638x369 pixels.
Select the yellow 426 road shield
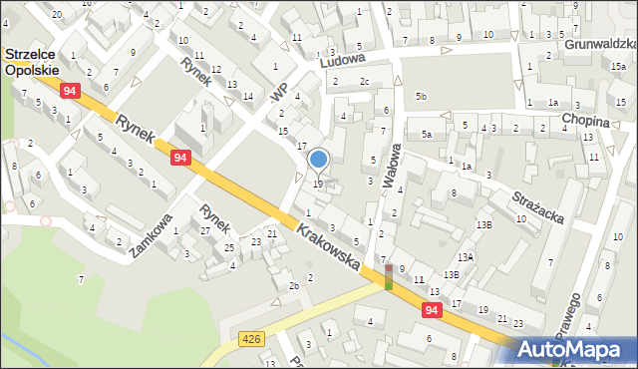250,341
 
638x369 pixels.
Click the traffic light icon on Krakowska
389,277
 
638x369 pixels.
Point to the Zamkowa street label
151,235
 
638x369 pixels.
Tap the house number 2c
364,82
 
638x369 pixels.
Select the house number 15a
618,65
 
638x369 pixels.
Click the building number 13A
467,257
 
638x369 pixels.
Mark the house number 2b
294,287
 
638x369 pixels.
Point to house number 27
205,230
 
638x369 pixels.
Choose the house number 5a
426,135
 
